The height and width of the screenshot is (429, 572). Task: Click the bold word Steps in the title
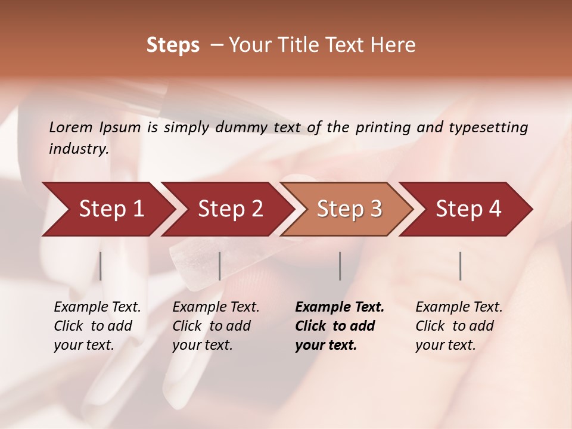(173, 46)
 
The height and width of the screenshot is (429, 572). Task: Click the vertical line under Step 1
(101, 266)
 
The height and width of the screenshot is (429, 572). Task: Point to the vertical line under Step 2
(220, 266)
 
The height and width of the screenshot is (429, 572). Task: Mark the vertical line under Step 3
(340, 266)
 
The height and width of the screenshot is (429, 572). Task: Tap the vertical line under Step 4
(460, 266)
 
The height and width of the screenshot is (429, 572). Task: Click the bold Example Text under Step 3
(340, 307)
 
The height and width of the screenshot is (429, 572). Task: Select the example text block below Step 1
(97, 326)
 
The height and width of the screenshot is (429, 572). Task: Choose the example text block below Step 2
(216, 326)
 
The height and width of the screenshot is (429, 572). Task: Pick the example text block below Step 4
(459, 326)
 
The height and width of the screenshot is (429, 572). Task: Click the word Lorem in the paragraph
(71, 128)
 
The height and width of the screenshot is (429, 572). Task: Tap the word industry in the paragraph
(78, 149)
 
